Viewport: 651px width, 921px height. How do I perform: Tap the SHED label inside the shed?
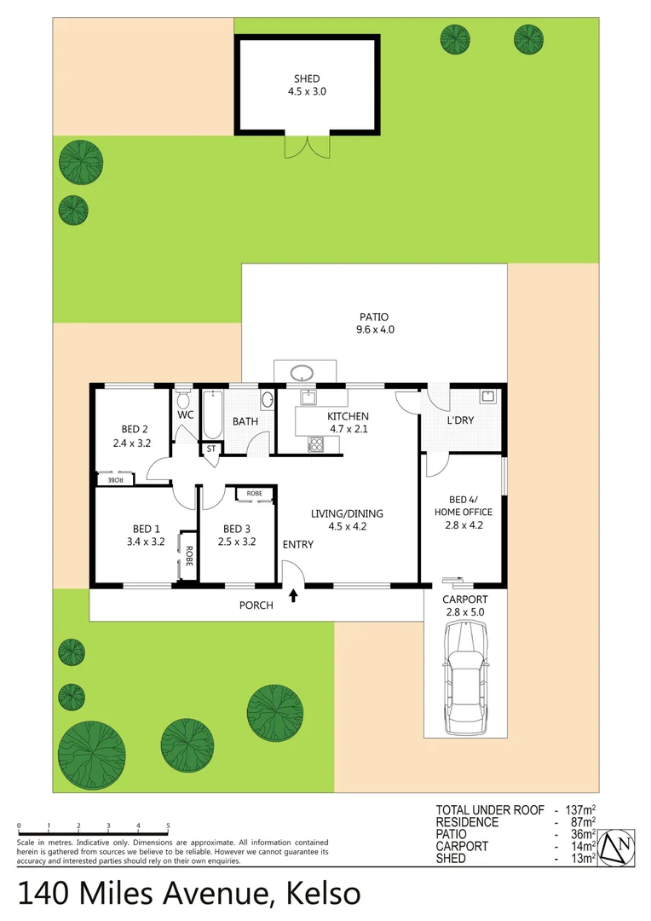(x=307, y=79)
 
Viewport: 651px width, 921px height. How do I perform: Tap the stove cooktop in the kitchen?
(x=315, y=443)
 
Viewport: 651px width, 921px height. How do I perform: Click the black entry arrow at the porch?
(x=294, y=595)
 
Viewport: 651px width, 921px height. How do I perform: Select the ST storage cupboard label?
(x=210, y=448)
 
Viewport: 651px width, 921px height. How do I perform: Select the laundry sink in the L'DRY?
(x=488, y=396)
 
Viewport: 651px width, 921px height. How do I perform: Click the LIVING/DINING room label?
(x=347, y=513)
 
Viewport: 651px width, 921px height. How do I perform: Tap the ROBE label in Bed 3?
(x=254, y=494)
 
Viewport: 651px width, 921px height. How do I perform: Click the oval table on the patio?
(x=302, y=373)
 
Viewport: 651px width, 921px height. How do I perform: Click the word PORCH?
(x=256, y=605)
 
